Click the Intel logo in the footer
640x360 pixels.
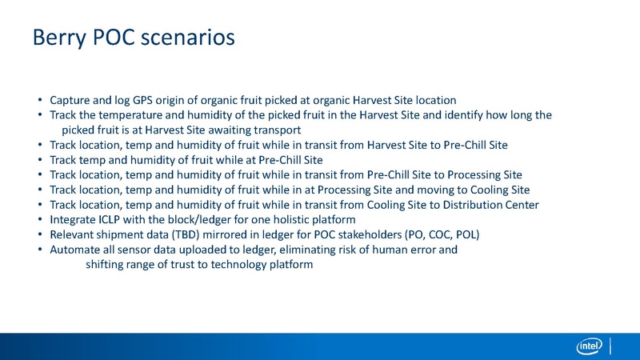pos(589,346)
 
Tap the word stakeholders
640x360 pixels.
pos(358,234)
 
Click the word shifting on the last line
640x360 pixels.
pos(106,265)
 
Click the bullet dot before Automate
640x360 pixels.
pos(40,250)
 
